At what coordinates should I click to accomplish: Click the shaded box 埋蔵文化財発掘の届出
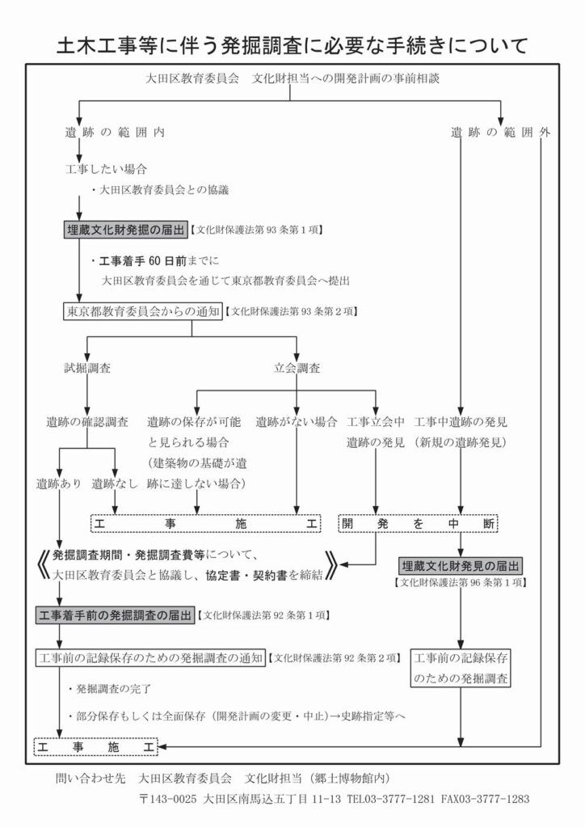(x=126, y=230)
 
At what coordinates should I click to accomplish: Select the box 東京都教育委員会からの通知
(x=142, y=311)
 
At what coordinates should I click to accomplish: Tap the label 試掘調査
(x=88, y=368)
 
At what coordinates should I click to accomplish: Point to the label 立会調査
(x=297, y=368)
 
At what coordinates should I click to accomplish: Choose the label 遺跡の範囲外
(x=500, y=132)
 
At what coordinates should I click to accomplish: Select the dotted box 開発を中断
(x=418, y=523)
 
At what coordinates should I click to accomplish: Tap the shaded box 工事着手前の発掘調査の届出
(x=116, y=616)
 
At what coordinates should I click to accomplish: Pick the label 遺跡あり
(x=58, y=484)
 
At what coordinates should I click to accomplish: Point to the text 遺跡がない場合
(x=296, y=422)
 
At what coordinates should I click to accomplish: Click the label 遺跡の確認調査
(x=87, y=422)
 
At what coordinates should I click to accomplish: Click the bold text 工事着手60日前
(x=145, y=261)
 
